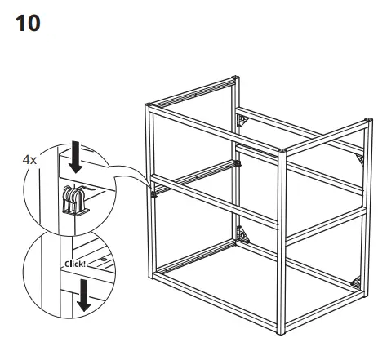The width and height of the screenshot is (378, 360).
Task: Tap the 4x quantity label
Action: [x=29, y=161]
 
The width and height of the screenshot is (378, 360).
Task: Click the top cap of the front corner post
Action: [x=282, y=151]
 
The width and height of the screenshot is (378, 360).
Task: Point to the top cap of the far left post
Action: [x=149, y=104]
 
